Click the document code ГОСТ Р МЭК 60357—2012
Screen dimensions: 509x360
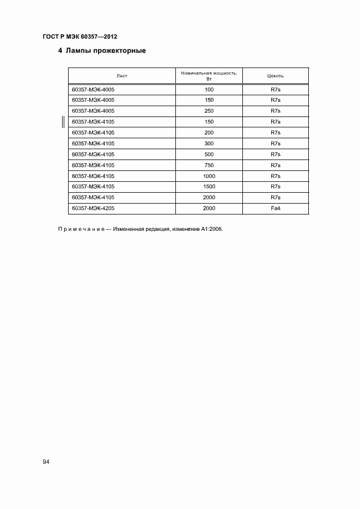pyautogui.click(x=80, y=36)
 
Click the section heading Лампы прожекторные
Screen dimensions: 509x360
pyautogui.click(x=106, y=52)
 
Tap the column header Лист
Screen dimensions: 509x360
pyautogui.click(x=121, y=76)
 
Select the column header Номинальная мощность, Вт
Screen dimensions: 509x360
pyautogui.click(x=209, y=76)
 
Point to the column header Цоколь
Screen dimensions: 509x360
pyautogui.click(x=275, y=76)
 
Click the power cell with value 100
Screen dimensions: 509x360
pyautogui.click(x=209, y=89)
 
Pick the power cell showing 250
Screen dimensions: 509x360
pyautogui.click(x=209, y=111)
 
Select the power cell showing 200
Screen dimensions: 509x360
pyautogui.click(x=209, y=132)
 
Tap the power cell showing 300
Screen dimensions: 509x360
pyautogui.click(x=209, y=143)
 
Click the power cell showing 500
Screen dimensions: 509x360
pyautogui.click(x=209, y=154)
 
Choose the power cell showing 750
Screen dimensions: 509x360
pyautogui.click(x=209, y=165)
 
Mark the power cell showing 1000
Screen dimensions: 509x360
pyautogui.click(x=209, y=176)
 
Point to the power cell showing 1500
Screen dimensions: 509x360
pyautogui.click(x=209, y=187)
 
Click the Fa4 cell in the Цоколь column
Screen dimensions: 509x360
pyautogui.click(x=275, y=208)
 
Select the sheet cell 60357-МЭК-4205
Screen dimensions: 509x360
pyautogui.click(x=93, y=208)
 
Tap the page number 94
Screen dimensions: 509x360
pyautogui.click(x=46, y=462)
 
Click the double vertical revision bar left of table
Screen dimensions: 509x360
pyautogui.click(x=64, y=122)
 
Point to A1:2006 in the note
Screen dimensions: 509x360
pyautogui.click(x=211, y=229)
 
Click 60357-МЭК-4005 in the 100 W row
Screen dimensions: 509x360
pyautogui.click(x=93, y=89)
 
